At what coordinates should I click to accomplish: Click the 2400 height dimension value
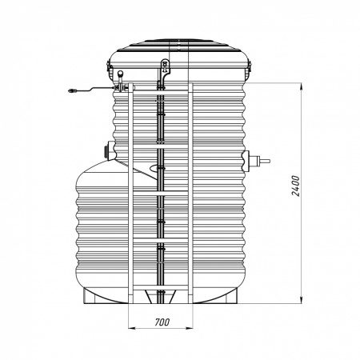pos(296,186)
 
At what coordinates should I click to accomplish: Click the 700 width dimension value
pos(162,322)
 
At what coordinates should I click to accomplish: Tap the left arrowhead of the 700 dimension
pos(132,328)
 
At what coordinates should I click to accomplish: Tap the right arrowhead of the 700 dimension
pos(189,328)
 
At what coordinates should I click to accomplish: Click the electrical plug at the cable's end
pos(72,90)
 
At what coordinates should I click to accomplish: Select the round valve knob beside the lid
pos(121,73)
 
